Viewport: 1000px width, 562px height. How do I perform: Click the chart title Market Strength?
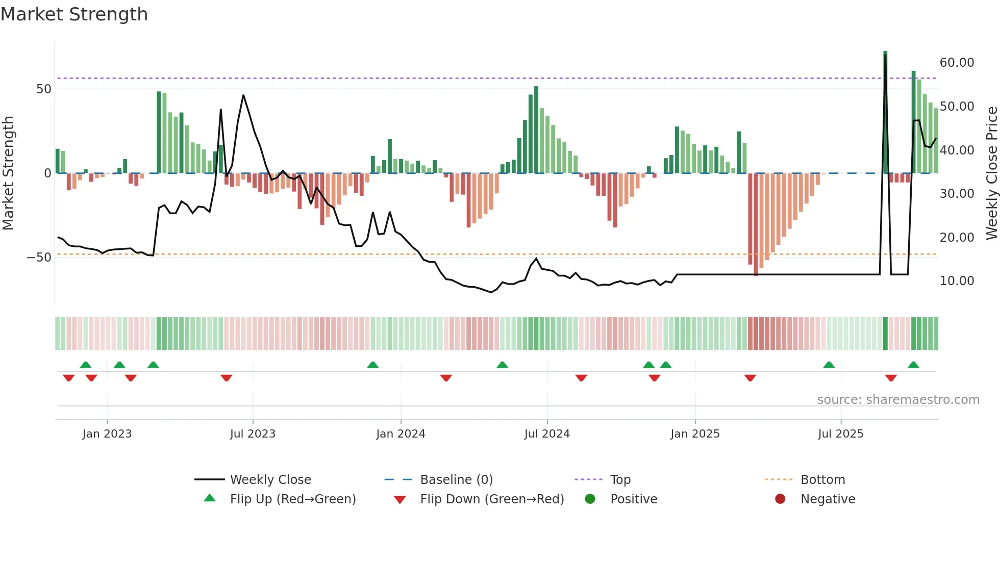[74, 14]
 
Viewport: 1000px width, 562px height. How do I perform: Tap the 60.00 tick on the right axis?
[957, 63]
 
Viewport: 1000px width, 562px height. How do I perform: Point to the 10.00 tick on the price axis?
[957, 281]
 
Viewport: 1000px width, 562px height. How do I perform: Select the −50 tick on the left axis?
[39, 258]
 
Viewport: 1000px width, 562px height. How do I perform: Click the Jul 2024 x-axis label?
[547, 434]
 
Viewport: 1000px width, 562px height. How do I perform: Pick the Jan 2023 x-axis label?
[107, 434]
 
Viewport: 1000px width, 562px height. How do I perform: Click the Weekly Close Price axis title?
[991, 173]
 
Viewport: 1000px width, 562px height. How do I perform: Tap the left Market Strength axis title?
[9, 173]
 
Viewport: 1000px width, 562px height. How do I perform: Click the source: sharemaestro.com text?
[898, 400]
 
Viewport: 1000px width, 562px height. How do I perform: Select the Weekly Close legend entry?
[270, 480]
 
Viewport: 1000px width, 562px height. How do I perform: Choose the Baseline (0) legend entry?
[456, 480]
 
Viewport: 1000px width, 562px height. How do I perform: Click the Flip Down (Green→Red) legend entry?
[492, 499]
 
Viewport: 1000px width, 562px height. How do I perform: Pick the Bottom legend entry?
[822, 480]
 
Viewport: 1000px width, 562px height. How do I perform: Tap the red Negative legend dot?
[780, 499]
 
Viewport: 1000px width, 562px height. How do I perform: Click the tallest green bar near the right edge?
[885, 112]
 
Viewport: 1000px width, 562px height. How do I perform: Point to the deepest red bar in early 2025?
[756, 224]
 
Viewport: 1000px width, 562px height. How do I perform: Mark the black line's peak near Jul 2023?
[243, 95]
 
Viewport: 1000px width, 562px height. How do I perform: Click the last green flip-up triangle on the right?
[913, 365]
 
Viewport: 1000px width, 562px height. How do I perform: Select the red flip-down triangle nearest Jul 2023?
[227, 378]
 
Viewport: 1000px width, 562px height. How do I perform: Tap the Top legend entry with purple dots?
[620, 480]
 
